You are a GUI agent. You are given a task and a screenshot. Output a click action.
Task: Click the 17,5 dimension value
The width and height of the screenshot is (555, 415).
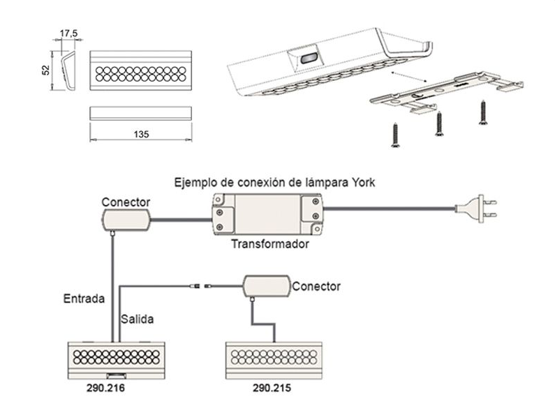[x=68, y=33]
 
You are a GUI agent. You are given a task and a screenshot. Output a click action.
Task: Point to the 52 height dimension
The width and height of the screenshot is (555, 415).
[x=46, y=71]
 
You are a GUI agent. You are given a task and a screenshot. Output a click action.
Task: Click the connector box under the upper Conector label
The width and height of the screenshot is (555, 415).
[x=126, y=221]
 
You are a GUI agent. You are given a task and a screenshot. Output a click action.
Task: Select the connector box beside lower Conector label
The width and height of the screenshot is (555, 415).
[x=266, y=285]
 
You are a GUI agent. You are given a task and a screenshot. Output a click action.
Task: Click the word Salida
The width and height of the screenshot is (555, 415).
[x=138, y=319]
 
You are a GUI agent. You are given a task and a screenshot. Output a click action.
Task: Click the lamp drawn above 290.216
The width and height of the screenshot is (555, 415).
[x=117, y=359]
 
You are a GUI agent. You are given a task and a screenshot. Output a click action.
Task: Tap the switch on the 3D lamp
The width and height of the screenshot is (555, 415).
[x=306, y=59]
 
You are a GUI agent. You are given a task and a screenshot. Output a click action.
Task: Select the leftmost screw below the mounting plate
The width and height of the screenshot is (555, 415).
[x=395, y=135]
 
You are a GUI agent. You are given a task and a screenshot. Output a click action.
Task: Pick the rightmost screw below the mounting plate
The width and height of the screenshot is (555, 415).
[x=482, y=112]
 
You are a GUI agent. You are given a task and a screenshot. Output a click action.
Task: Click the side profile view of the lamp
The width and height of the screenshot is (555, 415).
[x=66, y=70]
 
